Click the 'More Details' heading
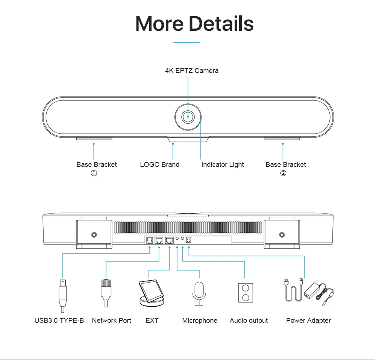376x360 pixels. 194,23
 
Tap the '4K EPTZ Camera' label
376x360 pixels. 192,71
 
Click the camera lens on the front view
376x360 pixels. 188,117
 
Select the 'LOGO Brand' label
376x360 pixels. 160,165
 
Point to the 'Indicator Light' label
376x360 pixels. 223,165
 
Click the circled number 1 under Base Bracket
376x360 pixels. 94,173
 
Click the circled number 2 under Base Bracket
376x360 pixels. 283,173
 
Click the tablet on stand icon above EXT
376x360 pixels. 152,293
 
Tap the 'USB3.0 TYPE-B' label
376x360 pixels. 59,321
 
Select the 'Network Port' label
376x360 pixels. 112,321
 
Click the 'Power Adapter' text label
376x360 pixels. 308,321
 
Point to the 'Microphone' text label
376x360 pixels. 200,321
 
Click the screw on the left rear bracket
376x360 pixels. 94,235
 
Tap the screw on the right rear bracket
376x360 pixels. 282,235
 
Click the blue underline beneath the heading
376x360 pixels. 186,42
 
